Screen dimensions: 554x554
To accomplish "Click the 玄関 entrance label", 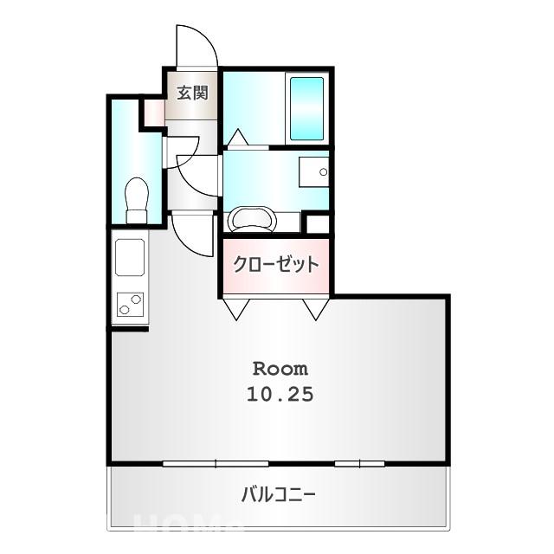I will tap(193, 93).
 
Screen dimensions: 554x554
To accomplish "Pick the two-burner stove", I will tap(130, 305).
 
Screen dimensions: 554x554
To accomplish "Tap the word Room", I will tap(280, 366).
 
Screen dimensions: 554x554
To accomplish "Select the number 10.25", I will tap(280, 394).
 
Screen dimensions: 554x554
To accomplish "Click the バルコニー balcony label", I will tap(278, 495).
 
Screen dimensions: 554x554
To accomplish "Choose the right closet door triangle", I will tap(315, 308).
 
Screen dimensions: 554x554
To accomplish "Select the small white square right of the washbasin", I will tap(318, 222).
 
